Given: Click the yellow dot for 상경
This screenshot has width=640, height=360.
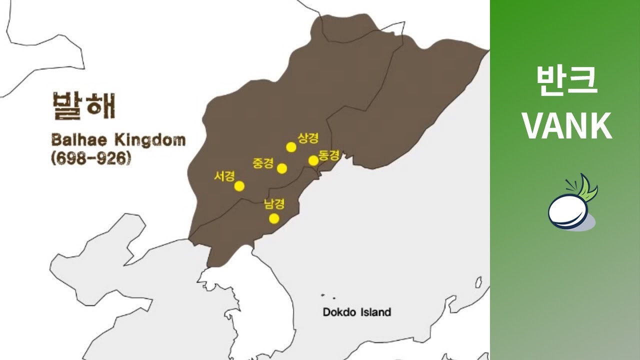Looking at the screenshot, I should click(291, 146).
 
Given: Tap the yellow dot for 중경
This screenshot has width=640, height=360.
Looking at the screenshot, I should click(282, 168).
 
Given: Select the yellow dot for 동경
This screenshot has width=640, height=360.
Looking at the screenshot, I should click(313, 160).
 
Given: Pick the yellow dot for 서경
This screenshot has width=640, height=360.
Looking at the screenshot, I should click(239, 186).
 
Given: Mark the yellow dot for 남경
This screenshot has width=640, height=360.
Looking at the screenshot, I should click(274, 218).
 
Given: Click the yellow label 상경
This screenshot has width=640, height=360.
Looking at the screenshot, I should click(308, 137).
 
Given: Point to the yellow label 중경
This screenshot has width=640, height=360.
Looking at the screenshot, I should click(263, 163).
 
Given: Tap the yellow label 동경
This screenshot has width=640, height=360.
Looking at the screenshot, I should click(329, 155).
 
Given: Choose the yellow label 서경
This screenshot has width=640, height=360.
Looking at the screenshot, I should click(224, 176).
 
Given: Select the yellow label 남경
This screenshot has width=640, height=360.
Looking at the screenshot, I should click(274, 204).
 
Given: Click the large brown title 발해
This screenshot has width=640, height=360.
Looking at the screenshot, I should click(83, 105).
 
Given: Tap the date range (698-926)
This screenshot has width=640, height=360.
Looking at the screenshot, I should click(90, 158).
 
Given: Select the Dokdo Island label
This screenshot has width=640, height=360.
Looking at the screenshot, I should click(356, 312).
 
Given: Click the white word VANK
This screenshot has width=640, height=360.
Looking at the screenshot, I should click(567, 126).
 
